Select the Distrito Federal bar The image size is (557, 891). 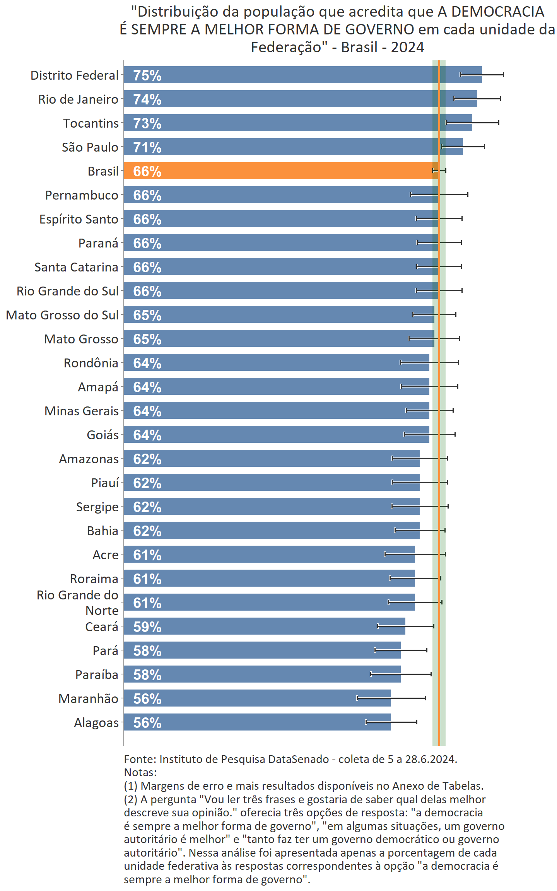(302, 75)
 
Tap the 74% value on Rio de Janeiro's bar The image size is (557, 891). (147, 99)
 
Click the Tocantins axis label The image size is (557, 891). (91, 123)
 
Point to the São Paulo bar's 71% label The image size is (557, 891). (147, 147)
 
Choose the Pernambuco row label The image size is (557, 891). (82, 195)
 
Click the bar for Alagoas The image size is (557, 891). (257, 722)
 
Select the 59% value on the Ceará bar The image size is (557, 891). (147, 627)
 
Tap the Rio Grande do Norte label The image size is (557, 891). (77, 603)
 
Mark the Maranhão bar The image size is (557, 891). (257, 698)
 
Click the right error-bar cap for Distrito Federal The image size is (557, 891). (503, 75)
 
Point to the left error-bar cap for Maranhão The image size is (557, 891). (357, 698)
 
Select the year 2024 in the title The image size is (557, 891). (407, 47)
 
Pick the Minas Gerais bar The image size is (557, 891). (277, 410)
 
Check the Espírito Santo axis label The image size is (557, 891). (79, 219)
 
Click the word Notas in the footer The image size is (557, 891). (140, 772)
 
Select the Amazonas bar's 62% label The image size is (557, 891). (147, 459)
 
